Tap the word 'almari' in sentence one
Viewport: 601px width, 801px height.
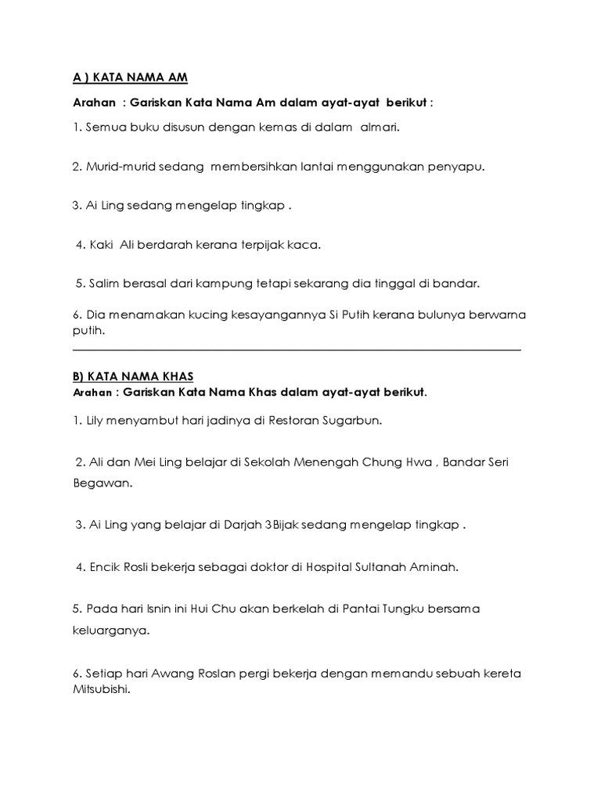tap(379, 128)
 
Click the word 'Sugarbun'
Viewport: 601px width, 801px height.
tap(351, 420)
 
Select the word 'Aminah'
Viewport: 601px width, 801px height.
tap(431, 567)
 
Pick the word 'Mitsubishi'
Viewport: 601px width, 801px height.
tap(100, 691)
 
